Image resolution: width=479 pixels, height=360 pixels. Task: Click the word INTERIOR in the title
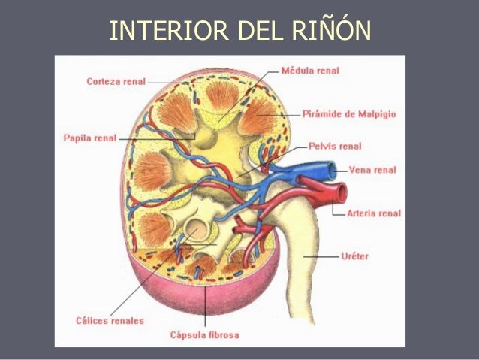click(x=169, y=30)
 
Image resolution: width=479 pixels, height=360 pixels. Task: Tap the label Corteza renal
click(x=116, y=82)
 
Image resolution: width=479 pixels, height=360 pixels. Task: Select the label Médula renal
click(x=310, y=71)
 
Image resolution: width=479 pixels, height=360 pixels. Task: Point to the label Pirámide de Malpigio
click(x=349, y=114)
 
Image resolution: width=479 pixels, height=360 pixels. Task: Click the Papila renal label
click(x=90, y=138)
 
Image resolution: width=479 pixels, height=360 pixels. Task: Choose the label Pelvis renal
click(x=335, y=146)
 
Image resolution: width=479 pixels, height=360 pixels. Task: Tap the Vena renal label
click(x=372, y=170)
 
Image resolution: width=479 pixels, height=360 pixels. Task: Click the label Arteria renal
click(x=374, y=213)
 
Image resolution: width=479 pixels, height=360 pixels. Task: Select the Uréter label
click(x=354, y=256)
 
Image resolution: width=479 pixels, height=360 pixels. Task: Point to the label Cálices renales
click(x=110, y=321)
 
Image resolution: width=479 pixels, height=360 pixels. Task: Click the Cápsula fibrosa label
click(x=205, y=335)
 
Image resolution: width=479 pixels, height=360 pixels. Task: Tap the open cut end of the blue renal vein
click(x=331, y=171)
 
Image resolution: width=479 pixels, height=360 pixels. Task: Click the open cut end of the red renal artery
click(x=342, y=192)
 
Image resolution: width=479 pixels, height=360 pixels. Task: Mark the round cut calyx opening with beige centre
click(x=197, y=229)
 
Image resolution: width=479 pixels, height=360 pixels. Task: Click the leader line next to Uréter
click(x=321, y=256)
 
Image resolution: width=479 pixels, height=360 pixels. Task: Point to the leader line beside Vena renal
click(x=342, y=171)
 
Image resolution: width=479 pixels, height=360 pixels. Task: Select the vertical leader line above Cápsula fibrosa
click(x=205, y=306)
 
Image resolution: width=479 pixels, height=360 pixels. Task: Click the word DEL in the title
click(x=260, y=30)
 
